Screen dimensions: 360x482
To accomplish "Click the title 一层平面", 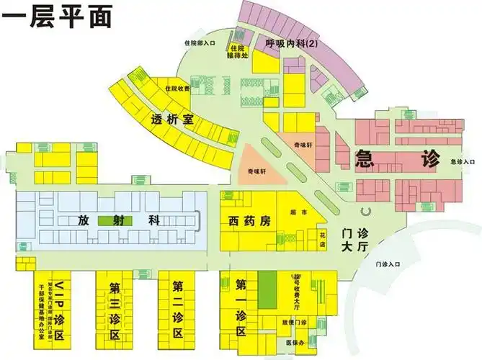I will [x=58, y=17].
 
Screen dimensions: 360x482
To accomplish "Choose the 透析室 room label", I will [x=173, y=120].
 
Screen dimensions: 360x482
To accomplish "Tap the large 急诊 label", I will [x=397, y=158].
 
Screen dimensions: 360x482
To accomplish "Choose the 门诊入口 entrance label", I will [x=388, y=265].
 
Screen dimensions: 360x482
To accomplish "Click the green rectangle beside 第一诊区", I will [x=267, y=290].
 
